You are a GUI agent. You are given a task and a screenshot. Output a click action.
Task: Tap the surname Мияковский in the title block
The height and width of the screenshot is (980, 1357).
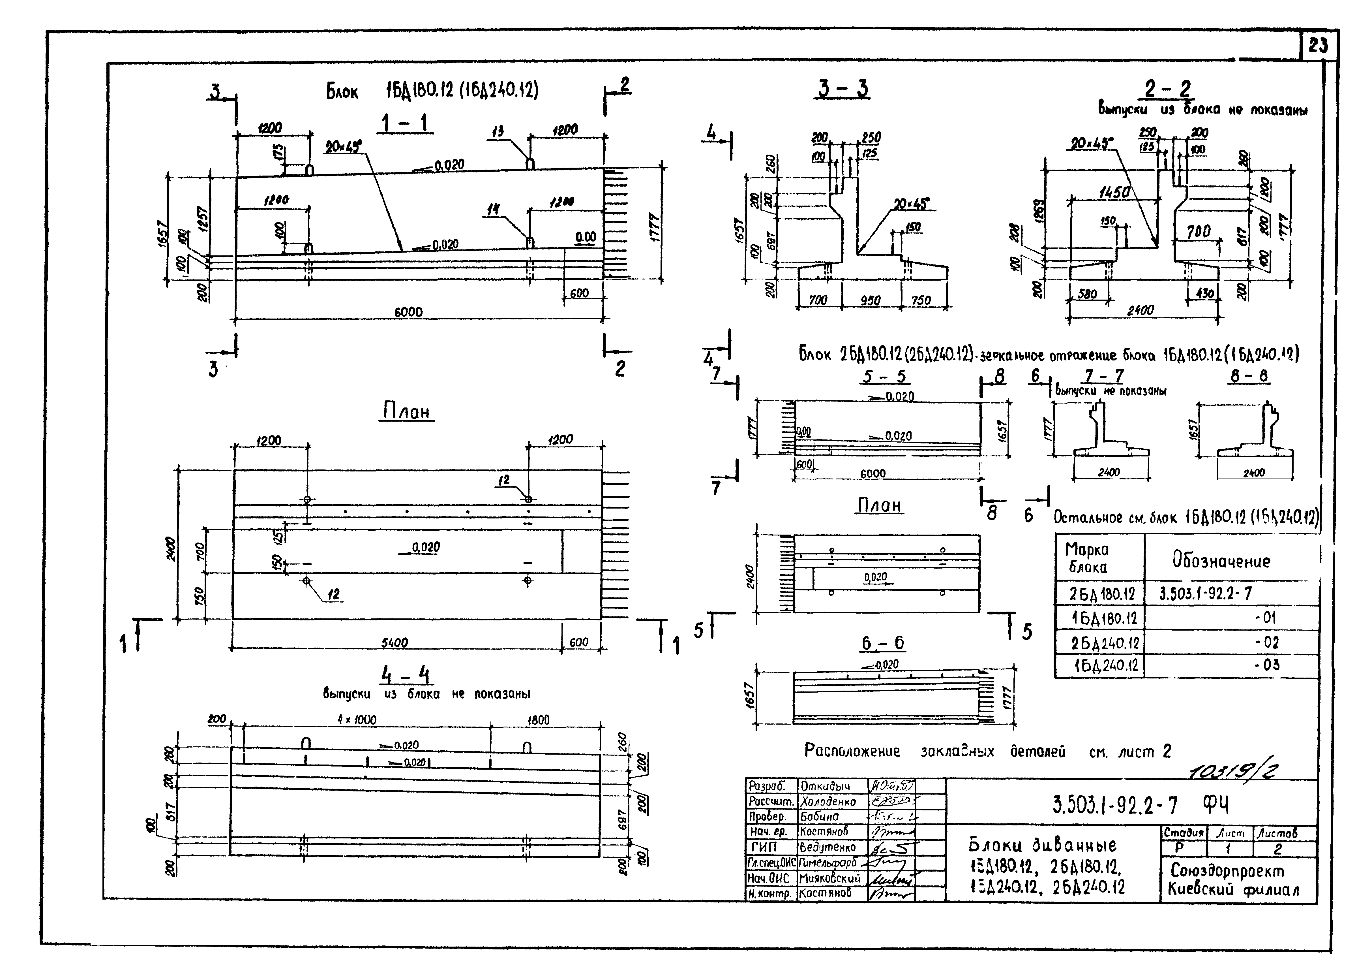point(829,878)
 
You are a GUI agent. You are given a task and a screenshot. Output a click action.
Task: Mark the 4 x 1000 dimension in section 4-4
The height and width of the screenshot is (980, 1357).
point(357,719)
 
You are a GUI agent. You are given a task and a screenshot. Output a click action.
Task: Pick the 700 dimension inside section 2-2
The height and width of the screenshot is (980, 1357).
point(1199,231)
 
